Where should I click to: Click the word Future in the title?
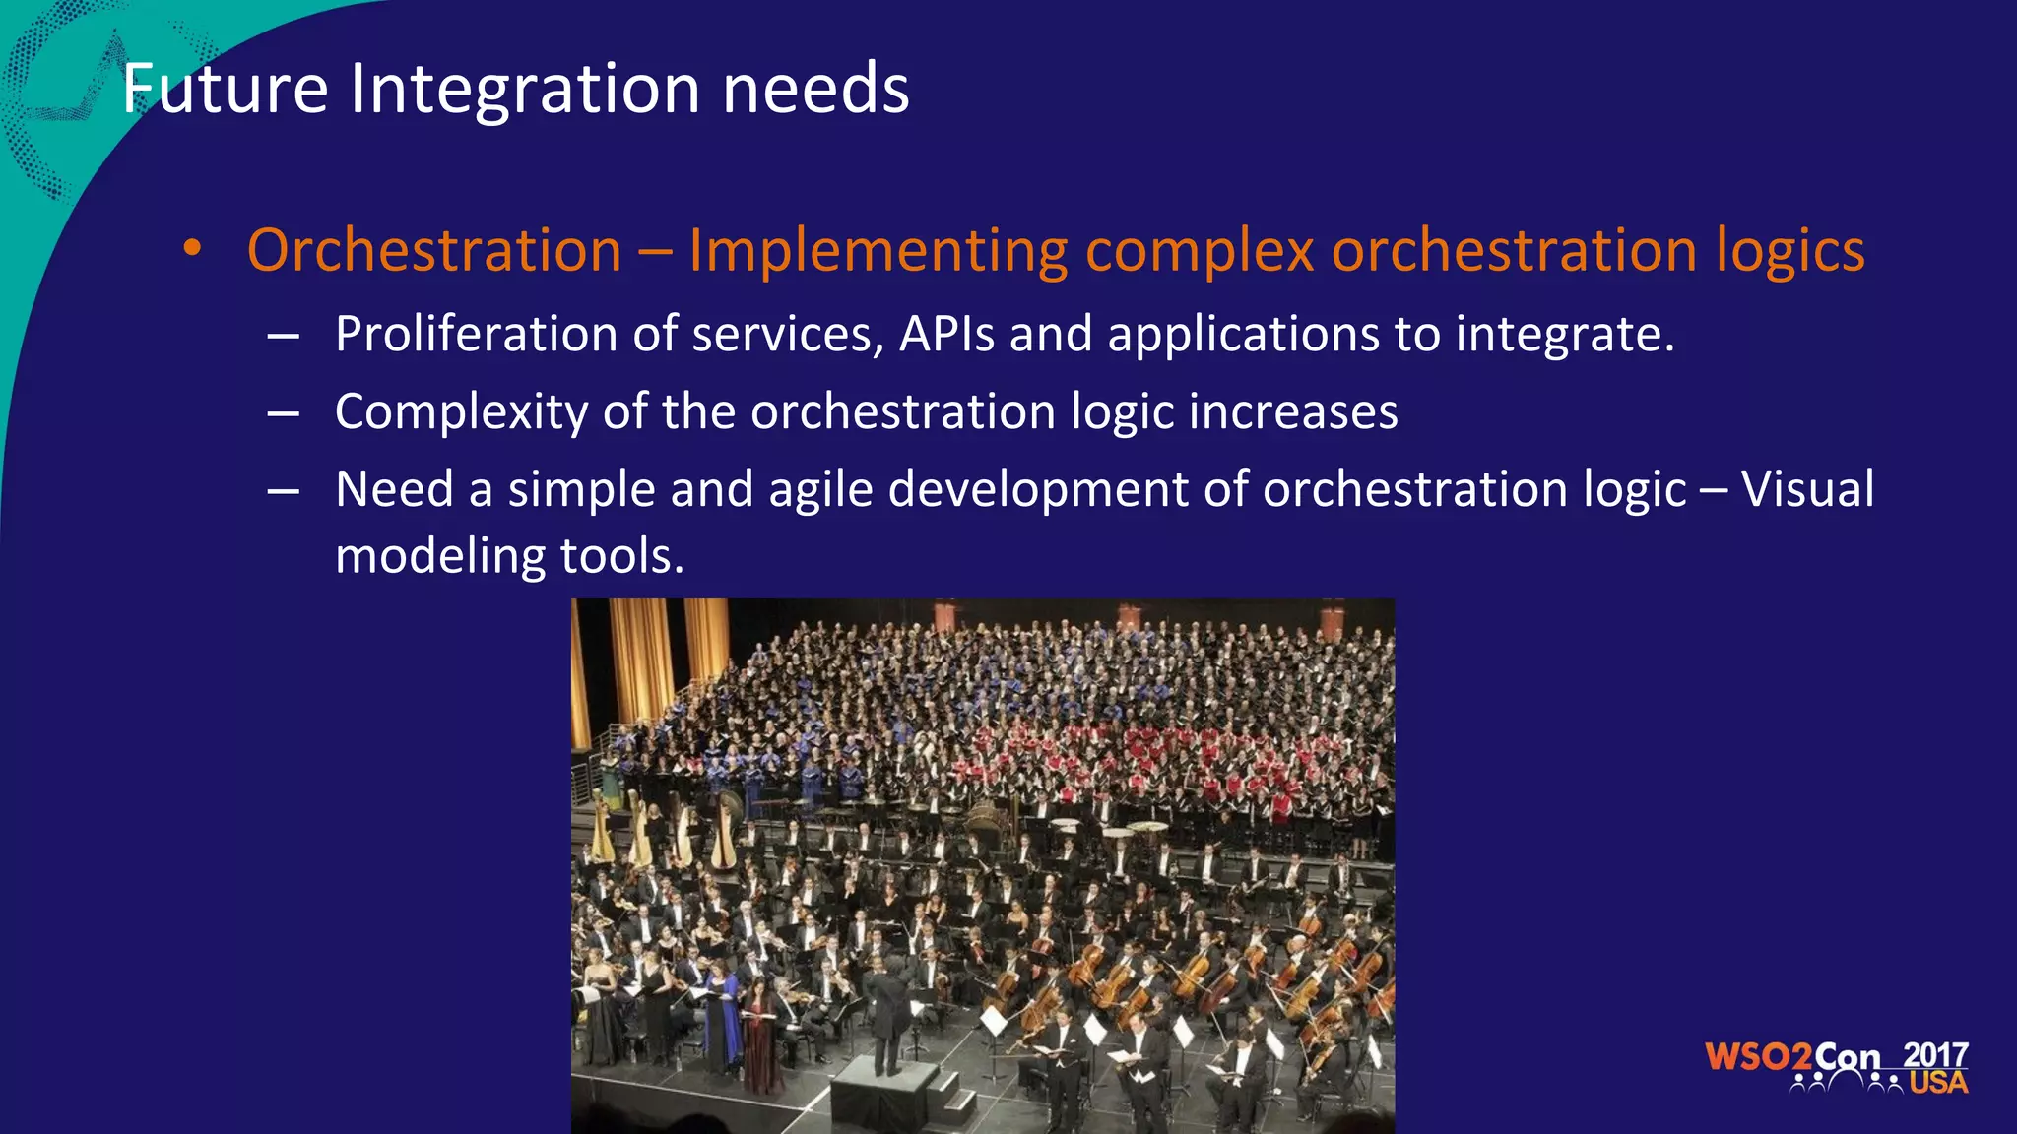click(x=225, y=89)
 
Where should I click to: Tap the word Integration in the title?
click(x=524, y=89)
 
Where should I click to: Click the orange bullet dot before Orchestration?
click(x=192, y=249)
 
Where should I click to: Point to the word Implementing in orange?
click(x=878, y=251)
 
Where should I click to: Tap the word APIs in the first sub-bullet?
click(x=946, y=335)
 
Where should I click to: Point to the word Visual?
click(x=1807, y=489)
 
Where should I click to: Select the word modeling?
click(x=439, y=557)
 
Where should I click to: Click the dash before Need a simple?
click(x=283, y=490)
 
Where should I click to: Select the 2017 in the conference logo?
click(x=1934, y=1055)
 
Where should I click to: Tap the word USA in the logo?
click(x=1938, y=1083)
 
